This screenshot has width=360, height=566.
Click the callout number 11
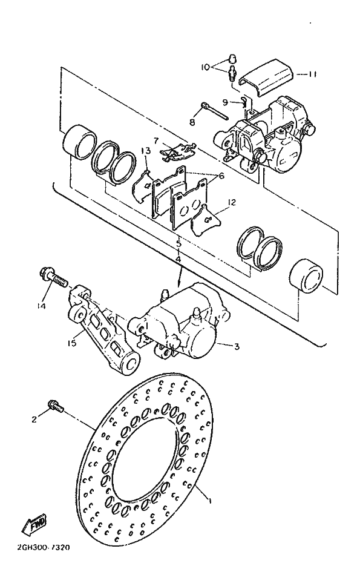(x=312, y=74)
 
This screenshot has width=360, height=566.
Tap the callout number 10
(x=206, y=67)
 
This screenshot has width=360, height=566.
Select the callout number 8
(x=192, y=123)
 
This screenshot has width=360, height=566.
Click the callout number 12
(x=231, y=202)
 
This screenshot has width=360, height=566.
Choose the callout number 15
(x=72, y=343)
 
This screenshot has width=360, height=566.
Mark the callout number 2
(x=34, y=420)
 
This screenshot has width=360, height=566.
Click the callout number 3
(x=237, y=347)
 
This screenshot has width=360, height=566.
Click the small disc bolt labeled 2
(x=56, y=406)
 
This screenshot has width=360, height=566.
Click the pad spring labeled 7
(x=177, y=151)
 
